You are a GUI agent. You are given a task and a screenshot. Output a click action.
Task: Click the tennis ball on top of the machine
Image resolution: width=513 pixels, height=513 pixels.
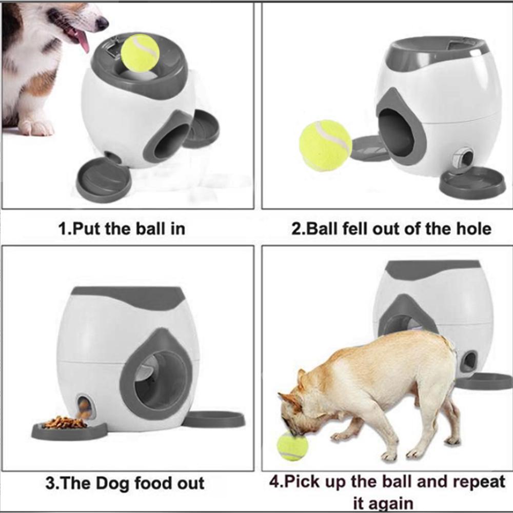[140, 53]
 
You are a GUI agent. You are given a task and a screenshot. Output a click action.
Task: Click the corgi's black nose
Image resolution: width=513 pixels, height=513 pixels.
[102, 23]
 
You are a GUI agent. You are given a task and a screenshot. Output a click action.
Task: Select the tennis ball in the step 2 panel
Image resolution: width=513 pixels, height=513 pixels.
[325, 146]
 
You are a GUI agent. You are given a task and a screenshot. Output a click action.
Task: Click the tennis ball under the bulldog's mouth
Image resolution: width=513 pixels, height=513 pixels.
[292, 446]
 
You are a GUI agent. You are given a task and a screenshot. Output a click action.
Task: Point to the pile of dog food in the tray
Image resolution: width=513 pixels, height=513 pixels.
[64, 423]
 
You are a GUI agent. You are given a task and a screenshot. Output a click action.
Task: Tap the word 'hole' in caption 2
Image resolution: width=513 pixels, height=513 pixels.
[472, 227]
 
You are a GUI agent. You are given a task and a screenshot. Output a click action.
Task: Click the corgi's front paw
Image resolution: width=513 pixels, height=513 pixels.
[36, 128]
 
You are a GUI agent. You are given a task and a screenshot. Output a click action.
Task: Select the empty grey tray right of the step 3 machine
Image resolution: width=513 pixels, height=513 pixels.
[214, 419]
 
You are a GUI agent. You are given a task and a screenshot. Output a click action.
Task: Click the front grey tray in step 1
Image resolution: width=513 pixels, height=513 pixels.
[103, 180]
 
